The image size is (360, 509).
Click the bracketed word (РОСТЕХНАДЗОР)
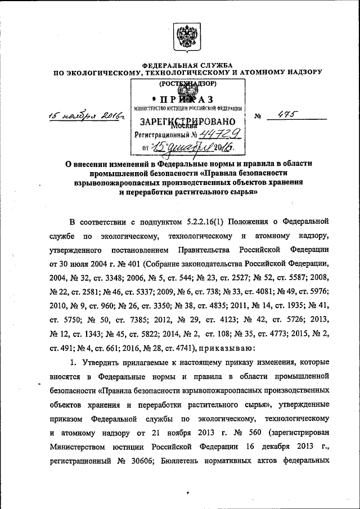(x=188, y=84)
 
